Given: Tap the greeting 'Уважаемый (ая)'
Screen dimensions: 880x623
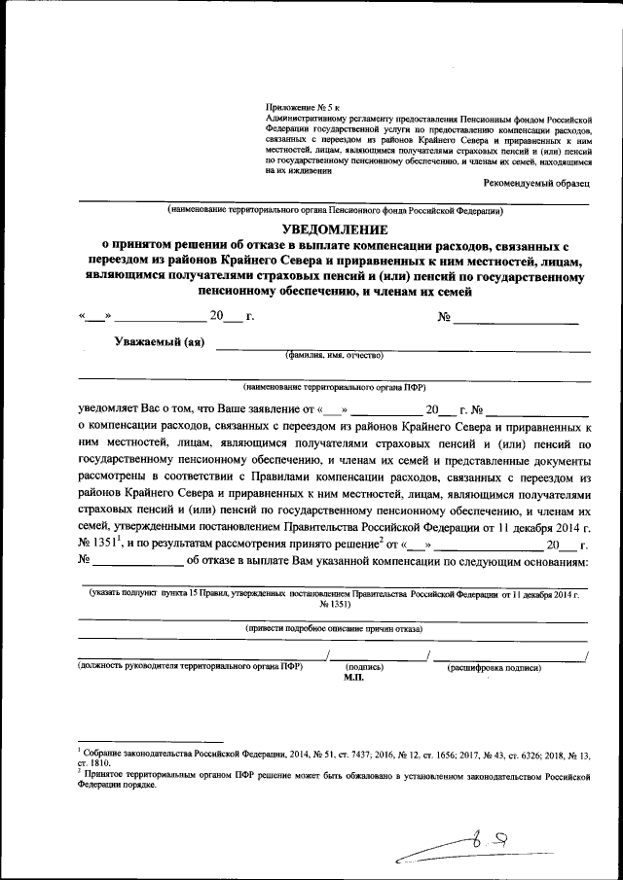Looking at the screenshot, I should (x=159, y=341).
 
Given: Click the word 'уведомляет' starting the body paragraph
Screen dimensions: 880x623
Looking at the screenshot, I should (x=110, y=409).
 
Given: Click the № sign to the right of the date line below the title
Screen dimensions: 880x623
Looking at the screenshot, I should (x=444, y=317).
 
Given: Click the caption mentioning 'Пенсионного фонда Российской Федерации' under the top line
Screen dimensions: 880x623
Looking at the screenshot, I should (x=334, y=210).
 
